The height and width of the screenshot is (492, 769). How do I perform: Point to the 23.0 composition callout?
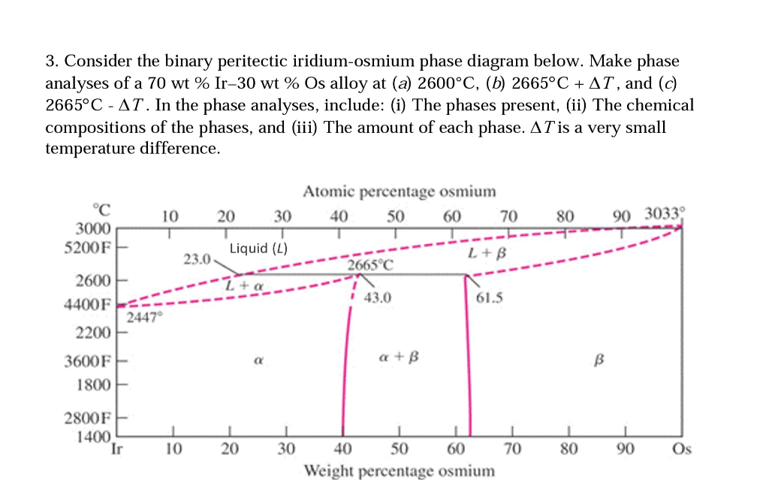(197, 259)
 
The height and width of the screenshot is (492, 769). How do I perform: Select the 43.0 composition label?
(377, 297)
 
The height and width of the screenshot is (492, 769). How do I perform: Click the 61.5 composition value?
(490, 297)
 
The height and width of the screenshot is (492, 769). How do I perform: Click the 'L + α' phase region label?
(245, 285)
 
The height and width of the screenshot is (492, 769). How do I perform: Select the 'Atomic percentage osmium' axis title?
(399, 192)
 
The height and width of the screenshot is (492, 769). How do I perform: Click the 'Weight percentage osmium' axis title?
(399, 471)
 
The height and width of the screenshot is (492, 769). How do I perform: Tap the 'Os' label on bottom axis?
(681, 449)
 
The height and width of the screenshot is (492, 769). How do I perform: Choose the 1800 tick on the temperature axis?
(94, 385)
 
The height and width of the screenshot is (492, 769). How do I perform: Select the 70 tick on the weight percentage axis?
(512, 449)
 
